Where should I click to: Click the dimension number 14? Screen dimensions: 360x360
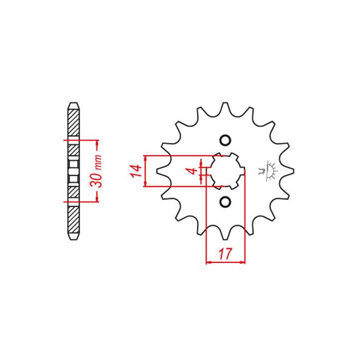click(136, 171)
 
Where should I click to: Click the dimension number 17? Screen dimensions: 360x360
click(225, 253)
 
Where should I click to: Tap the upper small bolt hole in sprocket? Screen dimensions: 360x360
click(225, 140)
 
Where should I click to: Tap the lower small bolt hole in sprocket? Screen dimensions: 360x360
click(225, 202)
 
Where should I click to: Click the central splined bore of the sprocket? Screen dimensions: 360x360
click(225, 171)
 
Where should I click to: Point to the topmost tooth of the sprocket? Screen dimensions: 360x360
click(225, 107)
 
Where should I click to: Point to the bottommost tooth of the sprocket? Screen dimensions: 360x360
click(225, 234)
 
